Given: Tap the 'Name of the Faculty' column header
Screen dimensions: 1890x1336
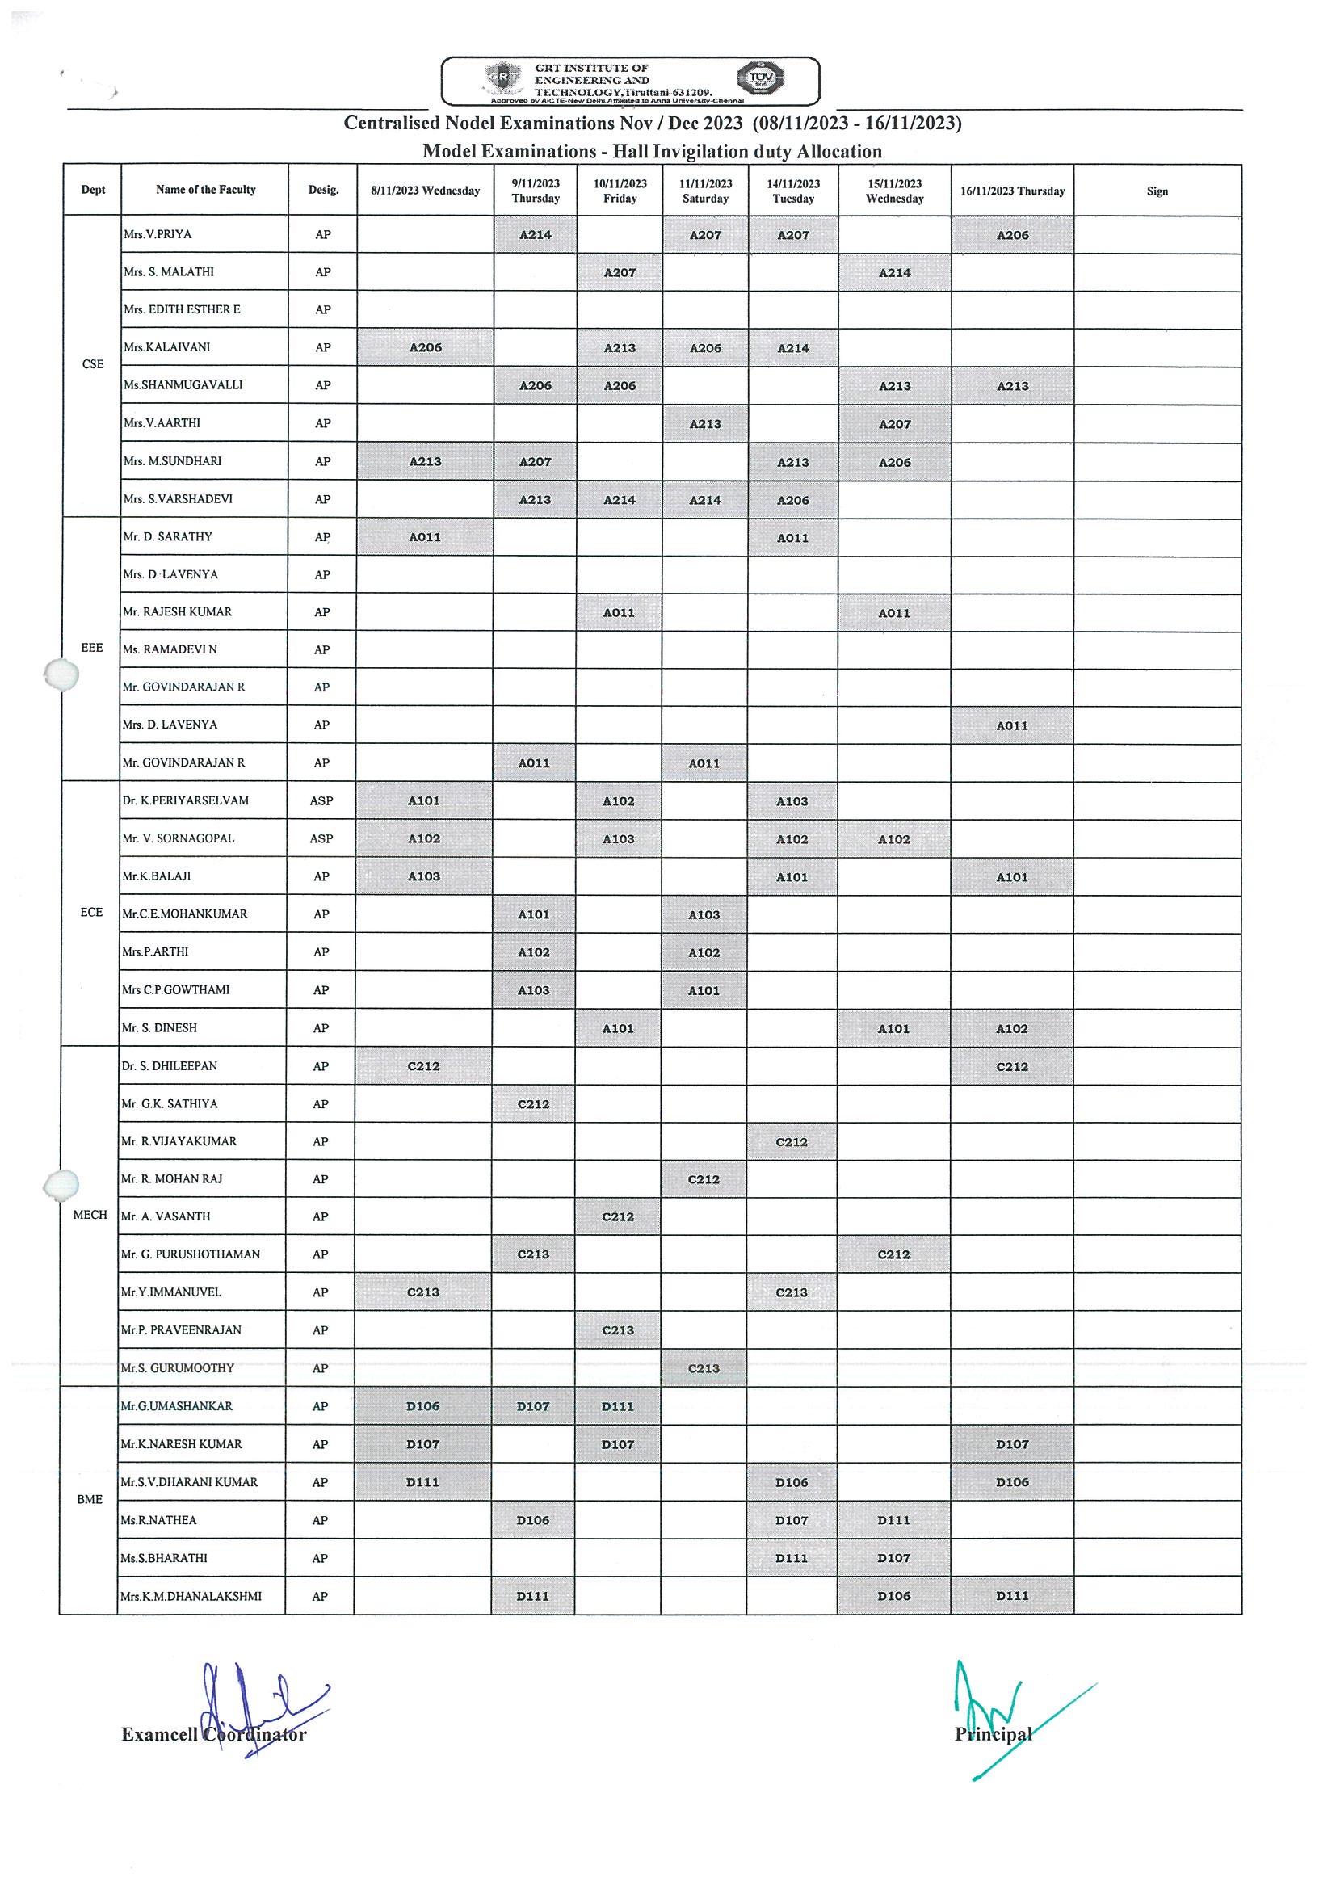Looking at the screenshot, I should pyautogui.click(x=206, y=190).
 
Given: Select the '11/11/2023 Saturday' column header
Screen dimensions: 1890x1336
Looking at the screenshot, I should pyautogui.click(x=705, y=191).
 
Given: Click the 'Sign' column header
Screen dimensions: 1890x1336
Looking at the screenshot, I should pyautogui.click(x=1157, y=191).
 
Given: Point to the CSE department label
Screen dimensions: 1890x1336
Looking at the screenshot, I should pyautogui.click(x=93, y=364).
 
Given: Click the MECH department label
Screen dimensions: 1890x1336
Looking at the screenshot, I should pyautogui.click(x=90, y=1215).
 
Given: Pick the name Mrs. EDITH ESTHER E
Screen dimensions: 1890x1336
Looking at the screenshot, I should pyautogui.click(x=182, y=309).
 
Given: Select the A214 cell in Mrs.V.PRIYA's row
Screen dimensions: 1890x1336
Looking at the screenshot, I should pyautogui.click(x=535, y=234).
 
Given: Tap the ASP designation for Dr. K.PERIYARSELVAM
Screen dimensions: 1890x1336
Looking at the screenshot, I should pyautogui.click(x=321, y=801).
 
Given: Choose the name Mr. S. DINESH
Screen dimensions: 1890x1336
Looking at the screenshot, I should pyautogui.click(x=160, y=1028).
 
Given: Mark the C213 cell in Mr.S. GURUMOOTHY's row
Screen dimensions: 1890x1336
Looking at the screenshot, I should pyautogui.click(x=704, y=1369).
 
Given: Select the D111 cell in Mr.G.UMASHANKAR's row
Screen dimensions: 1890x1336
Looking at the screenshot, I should pyautogui.click(x=617, y=1407).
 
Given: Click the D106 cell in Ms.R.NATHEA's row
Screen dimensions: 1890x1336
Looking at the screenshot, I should pyautogui.click(x=532, y=1520).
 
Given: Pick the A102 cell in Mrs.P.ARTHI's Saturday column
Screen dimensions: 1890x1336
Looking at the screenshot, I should pyautogui.click(x=704, y=953).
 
